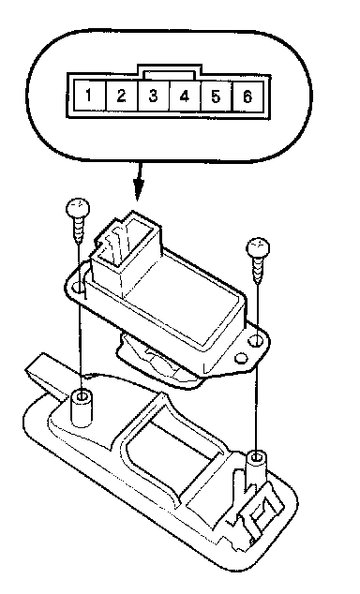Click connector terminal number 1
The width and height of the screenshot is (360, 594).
tap(90, 95)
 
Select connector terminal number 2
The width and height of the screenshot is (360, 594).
tap(122, 95)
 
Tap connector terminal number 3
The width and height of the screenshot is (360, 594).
tap(154, 95)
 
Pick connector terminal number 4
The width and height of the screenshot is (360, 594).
tap(185, 96)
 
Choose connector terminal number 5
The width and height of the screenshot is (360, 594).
tap(216, 96)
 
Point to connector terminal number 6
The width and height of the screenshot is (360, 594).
tap(247, 96)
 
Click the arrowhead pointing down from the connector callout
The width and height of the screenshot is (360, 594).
tap(139, 188)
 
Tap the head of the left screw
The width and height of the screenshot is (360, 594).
tap(78, 208)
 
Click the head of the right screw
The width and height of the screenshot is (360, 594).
tap(258, 247)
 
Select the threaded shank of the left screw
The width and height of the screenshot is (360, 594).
tap(79, 230)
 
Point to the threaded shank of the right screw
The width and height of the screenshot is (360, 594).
tap(258, 271)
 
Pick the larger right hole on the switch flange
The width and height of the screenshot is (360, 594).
tap(256, 341)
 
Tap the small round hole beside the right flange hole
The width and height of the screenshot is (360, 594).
tap(241, 358)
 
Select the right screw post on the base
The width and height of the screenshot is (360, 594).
tap(257, 469)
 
